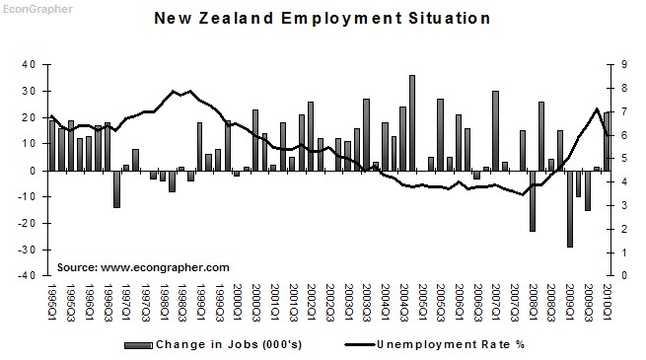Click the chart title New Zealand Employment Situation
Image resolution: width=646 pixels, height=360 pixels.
[x=323, y=18]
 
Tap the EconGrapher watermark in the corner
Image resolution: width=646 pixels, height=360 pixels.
[x=30, y=6]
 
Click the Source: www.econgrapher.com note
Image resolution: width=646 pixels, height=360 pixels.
[x=143, y=267]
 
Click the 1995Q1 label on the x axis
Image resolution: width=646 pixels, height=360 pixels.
[x=51, y=300]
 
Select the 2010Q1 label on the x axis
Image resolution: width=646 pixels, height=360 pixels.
[x=606, y=300]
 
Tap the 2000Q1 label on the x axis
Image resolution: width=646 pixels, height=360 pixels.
[x=237, y=300]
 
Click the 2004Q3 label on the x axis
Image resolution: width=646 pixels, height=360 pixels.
[x=402, y=300]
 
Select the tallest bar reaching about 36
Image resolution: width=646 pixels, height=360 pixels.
[x=411, y=122]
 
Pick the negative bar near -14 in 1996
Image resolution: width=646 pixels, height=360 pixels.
[x=116, y=188]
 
